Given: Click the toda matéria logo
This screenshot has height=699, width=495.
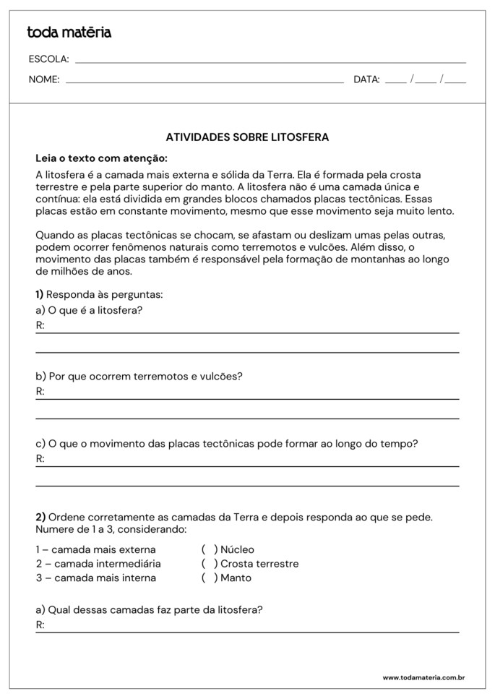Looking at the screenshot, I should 69,32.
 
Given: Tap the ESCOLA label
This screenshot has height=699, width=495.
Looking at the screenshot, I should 48,59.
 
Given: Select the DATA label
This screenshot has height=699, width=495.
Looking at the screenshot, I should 366,80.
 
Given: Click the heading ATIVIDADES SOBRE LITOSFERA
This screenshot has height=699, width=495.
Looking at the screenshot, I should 247,136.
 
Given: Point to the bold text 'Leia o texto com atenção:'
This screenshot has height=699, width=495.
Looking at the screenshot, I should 101,158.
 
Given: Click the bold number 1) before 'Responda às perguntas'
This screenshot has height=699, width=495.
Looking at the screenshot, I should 40,294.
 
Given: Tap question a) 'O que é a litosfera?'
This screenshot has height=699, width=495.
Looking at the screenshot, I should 89,310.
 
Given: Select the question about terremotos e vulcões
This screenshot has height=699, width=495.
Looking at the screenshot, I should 139,377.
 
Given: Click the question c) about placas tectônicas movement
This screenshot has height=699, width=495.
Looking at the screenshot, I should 227,443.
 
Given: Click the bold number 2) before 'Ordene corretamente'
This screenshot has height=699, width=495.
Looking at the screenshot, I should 40,517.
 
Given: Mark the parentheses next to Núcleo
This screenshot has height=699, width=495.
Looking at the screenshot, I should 210,549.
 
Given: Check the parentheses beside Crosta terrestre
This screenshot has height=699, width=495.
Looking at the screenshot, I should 210,564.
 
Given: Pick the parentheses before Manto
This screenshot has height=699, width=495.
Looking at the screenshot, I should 210,578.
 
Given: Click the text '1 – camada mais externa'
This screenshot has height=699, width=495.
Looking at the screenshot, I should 95,549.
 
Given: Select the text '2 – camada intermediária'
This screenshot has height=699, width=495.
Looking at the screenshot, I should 98,564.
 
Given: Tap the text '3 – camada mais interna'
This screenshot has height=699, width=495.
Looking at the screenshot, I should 95,578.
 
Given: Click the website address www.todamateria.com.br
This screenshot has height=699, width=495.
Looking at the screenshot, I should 423,677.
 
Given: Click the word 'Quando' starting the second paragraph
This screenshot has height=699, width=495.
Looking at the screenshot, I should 54,236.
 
